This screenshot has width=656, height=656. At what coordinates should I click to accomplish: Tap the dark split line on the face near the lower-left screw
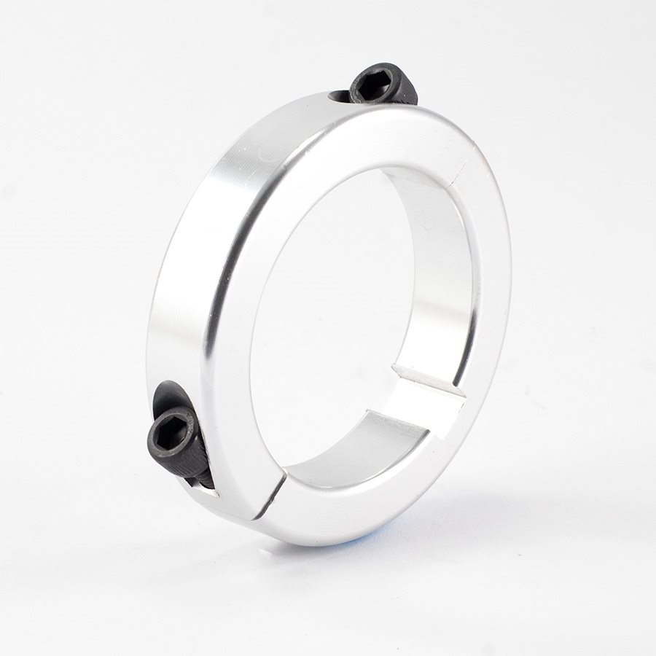(270, 495)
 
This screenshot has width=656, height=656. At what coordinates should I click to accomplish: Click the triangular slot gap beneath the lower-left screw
(207, 491)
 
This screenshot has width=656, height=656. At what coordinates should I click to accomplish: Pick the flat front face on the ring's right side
(488, 292)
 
